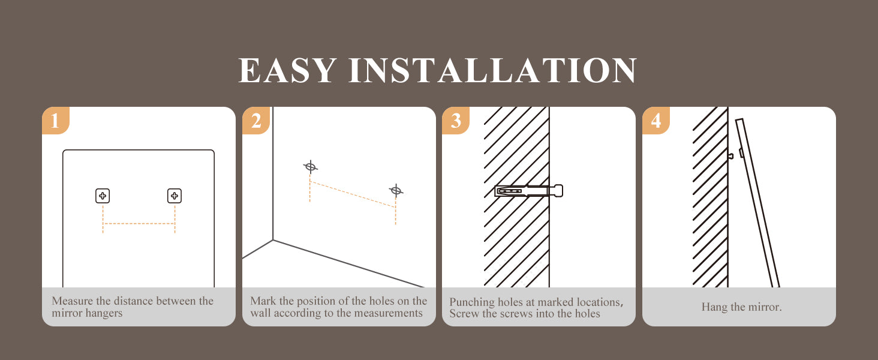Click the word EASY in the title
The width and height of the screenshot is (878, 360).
coord(288,71)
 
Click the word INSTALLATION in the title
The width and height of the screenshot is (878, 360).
coord(493,71)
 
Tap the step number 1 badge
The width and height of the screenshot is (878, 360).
coord(56,121)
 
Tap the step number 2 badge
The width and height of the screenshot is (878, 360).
coord(256,121)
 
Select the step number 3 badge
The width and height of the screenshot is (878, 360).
coord(456,121)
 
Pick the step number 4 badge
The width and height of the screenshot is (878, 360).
coord(656,121)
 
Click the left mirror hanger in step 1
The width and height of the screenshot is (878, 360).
coord(103,196)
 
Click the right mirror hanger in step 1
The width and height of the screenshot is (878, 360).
coord(175,196)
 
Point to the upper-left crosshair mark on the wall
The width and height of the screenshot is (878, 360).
coord(311,167)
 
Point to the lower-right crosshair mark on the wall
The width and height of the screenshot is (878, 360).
coord(396,191)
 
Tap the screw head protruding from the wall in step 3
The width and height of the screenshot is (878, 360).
coord(558,191)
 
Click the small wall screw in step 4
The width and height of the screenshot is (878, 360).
coord(730,155)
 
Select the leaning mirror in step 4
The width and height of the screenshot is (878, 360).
coord(757,203)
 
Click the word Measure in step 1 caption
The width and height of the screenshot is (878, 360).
coord(73,301)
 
